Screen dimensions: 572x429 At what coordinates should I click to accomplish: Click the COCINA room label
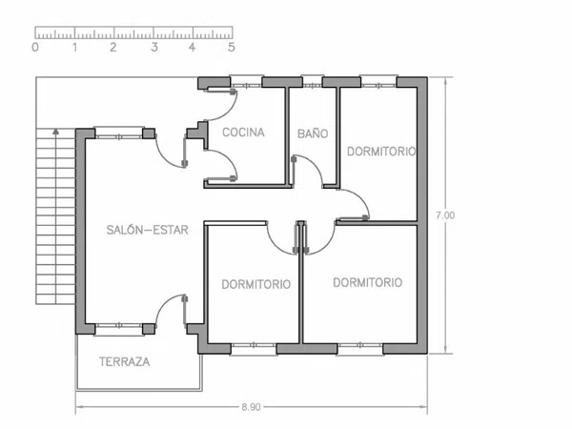pos(243,133)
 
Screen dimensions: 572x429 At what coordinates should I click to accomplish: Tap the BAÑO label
pos(313,133)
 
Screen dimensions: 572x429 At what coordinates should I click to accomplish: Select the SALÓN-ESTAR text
pos(148,230)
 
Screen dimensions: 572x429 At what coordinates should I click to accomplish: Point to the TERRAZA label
pos(124,362)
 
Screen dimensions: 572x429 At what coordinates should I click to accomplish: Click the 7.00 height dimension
pos(445,215)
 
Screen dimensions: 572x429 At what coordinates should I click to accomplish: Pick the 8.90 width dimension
pos(251,407)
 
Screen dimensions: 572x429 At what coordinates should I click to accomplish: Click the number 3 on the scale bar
pos(154,47)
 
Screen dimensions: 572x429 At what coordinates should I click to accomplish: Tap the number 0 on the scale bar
pos(35,47)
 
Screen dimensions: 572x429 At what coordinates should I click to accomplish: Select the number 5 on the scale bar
pos(232,47)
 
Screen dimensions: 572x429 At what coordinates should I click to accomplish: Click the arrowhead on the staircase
pos(55,132)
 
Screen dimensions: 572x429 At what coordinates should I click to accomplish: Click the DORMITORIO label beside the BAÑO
pos(381,152)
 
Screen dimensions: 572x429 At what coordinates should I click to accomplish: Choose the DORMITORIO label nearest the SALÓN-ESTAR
pos(256,284)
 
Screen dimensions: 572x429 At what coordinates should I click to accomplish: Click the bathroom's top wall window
pos(313,83)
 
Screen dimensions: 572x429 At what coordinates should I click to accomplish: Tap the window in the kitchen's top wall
pos(246,82)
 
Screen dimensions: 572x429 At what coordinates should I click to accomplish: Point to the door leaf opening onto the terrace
pos(185,309)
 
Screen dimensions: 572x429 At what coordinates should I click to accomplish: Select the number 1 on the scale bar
pos(74,47)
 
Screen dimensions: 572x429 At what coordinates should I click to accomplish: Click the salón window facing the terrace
pos(118,328)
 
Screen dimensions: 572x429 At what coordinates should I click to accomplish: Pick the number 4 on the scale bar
pos(193,47)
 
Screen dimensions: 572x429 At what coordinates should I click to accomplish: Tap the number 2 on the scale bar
pos(113,47)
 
